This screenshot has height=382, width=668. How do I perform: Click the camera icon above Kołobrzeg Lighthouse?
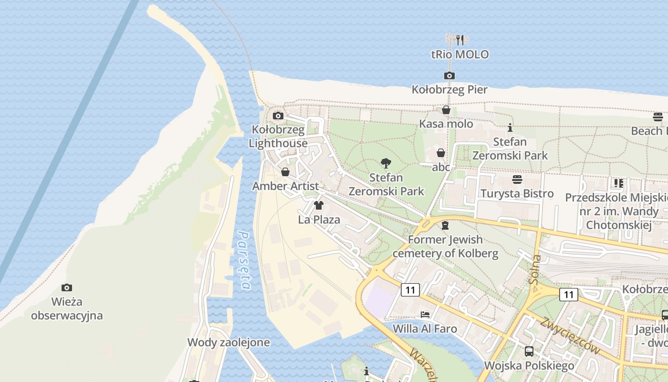point(278,116)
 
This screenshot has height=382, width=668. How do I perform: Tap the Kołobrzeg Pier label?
point(449,89)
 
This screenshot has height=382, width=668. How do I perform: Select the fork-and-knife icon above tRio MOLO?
point(460,40)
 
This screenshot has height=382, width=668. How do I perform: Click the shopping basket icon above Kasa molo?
point(446,110)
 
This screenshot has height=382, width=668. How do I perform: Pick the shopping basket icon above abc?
point(441,153)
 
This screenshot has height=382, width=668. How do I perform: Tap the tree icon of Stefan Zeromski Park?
point(386,164)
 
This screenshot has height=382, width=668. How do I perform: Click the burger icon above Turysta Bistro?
point(517,180)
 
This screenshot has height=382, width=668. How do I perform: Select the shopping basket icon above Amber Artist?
point(285,172)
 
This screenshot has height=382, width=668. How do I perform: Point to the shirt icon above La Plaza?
point(319,206)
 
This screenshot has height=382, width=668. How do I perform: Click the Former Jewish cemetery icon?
point(445,225)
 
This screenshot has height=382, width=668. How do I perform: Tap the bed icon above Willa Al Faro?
point(425,315)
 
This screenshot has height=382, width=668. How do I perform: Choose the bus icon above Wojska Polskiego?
point(529,351)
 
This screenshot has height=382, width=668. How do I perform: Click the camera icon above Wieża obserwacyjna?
point(67,287)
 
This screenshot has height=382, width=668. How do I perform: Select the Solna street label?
point(535,269)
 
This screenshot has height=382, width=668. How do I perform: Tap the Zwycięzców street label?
point(570,335)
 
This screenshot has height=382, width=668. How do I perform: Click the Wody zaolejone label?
point(229,342)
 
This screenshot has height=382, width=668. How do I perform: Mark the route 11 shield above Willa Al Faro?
point(410,289)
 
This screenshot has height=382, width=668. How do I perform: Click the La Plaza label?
point(319,220)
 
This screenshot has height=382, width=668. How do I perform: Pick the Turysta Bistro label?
point(517,193)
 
